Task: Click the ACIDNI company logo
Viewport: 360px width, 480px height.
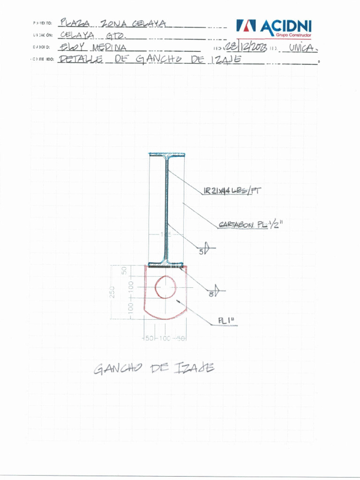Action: (273, 27)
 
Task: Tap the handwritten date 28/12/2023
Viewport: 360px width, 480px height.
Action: (246, 47)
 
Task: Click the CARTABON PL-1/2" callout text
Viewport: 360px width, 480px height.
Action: (250, 225)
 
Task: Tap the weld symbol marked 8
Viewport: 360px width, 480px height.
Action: (216, 293)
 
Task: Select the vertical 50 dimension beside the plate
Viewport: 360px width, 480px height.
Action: (125, 270)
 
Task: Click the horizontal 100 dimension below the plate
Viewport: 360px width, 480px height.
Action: (165, 338)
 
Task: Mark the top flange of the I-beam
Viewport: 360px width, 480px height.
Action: (167, 154)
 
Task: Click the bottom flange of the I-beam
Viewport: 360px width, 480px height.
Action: (167, 265)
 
